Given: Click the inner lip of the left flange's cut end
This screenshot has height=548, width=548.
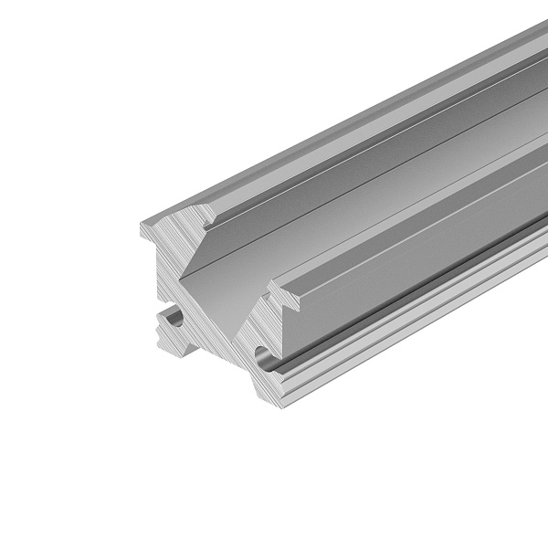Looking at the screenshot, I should [209, 219].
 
